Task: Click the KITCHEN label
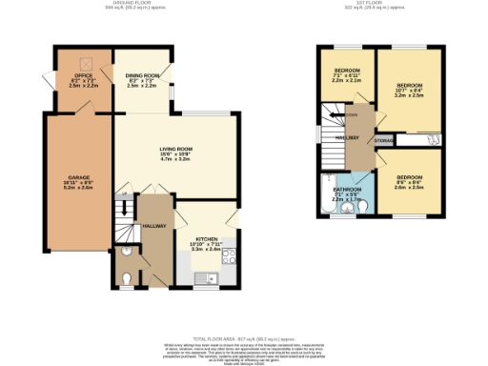pos(207,239)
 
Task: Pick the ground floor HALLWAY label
pos(153,226)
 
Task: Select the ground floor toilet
pos(126,278)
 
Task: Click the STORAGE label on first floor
pos(383,140)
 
